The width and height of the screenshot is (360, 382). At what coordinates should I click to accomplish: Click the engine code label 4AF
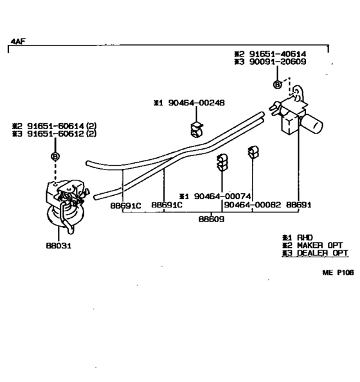(x=18, y=42)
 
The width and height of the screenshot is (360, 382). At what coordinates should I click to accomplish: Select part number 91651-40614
(x=277, y=54)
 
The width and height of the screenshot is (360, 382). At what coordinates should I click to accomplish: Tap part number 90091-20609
(x=278, y=62)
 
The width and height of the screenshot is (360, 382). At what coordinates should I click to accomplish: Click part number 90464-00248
(x=196, y=103)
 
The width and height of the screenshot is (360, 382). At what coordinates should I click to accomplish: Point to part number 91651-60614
(x=55, y=126)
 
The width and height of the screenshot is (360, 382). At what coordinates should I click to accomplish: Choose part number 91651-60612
(x=55, y=134)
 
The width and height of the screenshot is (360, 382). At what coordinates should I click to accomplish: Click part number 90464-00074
(x=222, y=196)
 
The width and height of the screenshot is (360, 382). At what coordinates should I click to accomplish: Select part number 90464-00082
(x=253, y=205)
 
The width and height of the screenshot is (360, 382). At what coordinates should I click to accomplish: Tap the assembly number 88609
(x=212, y=219)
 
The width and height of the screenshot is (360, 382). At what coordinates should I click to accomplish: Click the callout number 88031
(x=59, y=245)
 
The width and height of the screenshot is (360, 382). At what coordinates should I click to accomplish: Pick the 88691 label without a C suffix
(x=298, y=205)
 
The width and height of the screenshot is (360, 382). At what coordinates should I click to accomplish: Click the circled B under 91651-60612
(x=55, y=156)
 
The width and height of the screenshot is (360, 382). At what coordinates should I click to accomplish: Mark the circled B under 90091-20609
(x=277, y=85)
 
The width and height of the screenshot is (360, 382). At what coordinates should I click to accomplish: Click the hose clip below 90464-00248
(x=196, y=129)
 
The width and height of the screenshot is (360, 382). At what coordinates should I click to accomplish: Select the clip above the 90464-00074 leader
(x=222, y=162)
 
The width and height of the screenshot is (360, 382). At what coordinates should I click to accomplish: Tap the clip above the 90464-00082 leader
(x=253, y=152)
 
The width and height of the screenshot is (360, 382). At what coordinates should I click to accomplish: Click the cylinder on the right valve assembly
(x=312, y=124)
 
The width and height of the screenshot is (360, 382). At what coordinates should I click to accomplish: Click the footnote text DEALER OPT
(x=322, y=253)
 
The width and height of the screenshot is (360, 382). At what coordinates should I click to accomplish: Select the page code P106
(x=345, y=272)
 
